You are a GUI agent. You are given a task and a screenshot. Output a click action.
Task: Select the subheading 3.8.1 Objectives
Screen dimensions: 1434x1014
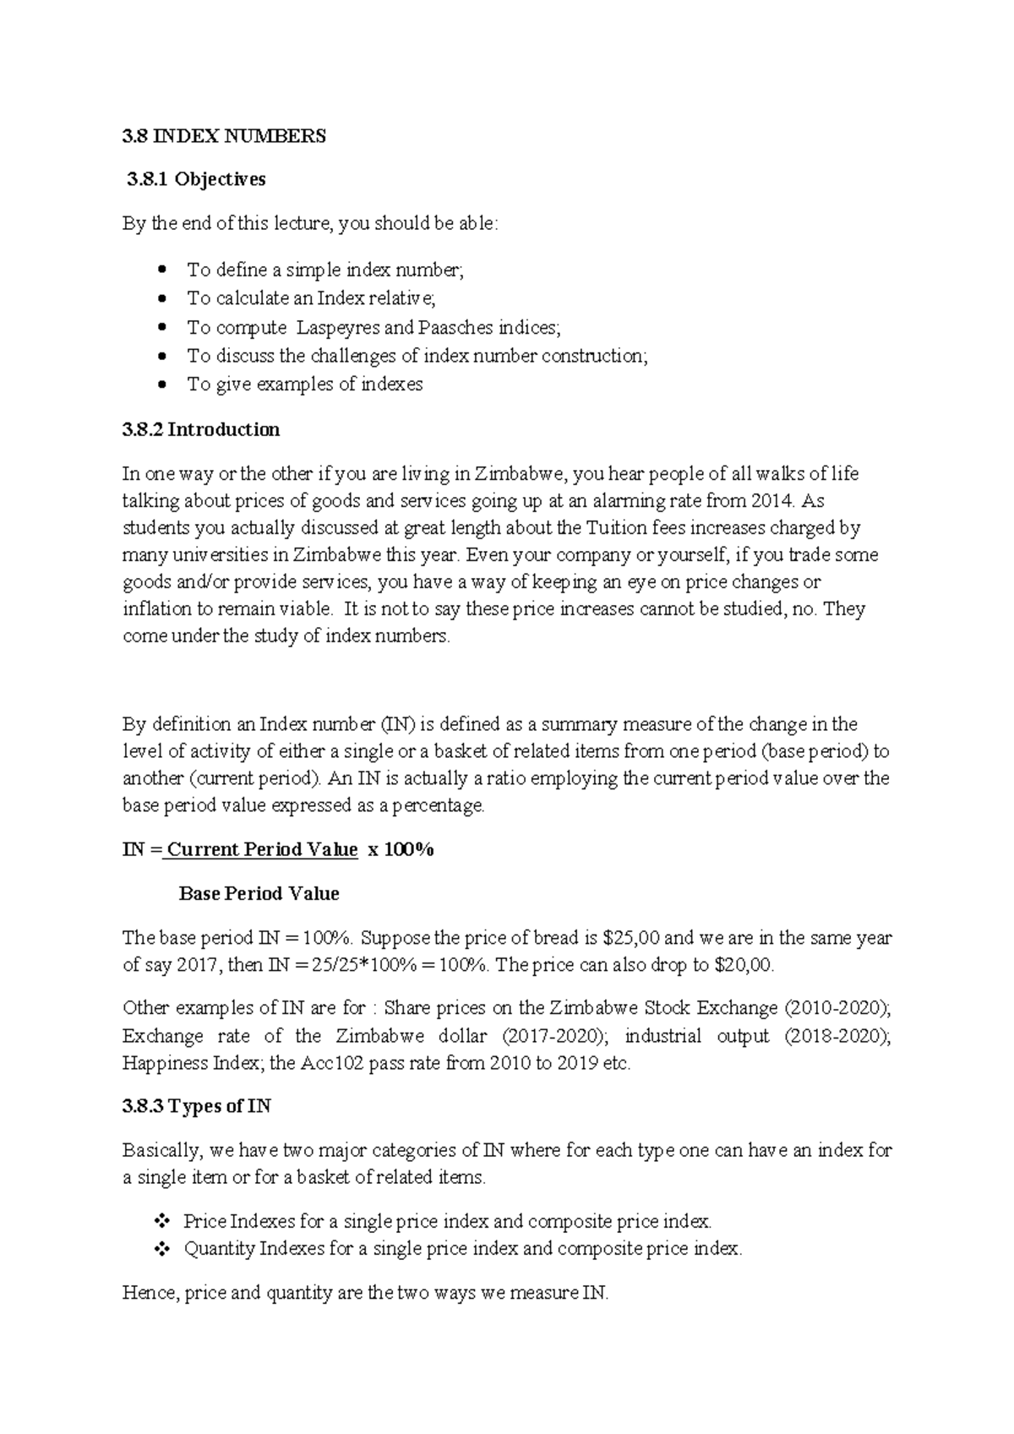196,179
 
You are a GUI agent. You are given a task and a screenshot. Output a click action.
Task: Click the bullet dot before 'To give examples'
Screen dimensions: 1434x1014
163,384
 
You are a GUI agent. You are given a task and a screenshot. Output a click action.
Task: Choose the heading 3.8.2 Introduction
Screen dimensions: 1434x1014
201,429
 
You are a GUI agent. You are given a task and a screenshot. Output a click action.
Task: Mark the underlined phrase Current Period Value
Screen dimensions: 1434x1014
262,849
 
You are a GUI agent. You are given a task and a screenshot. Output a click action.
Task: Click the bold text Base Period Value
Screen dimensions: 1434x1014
259,893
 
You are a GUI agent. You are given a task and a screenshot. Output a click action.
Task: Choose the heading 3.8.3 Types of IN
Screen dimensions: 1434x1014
197,1106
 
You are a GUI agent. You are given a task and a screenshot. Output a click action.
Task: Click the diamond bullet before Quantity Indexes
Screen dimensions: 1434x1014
161,1249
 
